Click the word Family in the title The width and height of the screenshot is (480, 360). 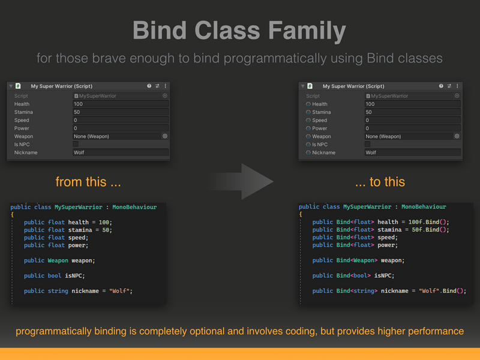tap(307, 31)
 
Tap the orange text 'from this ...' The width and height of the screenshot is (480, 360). tap(88, 182)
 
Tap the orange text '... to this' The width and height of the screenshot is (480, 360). tap(380, 182)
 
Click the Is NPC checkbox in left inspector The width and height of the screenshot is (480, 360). tap(76, 144)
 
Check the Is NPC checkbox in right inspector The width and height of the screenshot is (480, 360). tap(368, 144)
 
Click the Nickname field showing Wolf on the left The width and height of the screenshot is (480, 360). tap(121, 152)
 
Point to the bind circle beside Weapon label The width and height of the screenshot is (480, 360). tap(308, 137)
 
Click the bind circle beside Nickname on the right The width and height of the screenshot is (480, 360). tap(308, 152)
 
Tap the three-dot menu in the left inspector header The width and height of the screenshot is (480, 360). tap(166, 86)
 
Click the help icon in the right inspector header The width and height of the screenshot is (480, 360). tap(441, 86)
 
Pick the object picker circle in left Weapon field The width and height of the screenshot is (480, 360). tap(165, 136)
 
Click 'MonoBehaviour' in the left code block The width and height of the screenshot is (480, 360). tap(134, 207)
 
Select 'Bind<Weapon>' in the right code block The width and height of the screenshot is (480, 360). tap(356, 260)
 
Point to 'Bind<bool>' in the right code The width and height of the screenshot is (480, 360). tap(353, 275)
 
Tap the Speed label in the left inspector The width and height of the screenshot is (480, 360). tap(22, 121)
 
